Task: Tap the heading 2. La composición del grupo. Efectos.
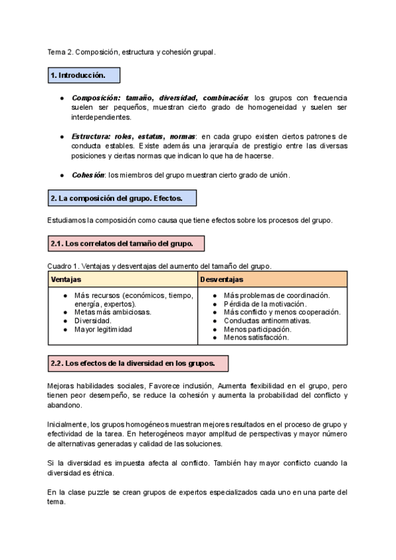tap(122, 198)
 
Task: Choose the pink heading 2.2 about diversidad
tap(138, 363)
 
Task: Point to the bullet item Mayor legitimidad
tap(103, 329)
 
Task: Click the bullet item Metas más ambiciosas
tap(112, 312)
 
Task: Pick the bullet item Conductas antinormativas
tap(267, 320)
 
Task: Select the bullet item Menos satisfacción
tap(256, 337)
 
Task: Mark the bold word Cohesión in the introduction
tap(88, 175)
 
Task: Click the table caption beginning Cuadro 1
tap(158, 265)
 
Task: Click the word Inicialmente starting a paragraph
tap(67, 423)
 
